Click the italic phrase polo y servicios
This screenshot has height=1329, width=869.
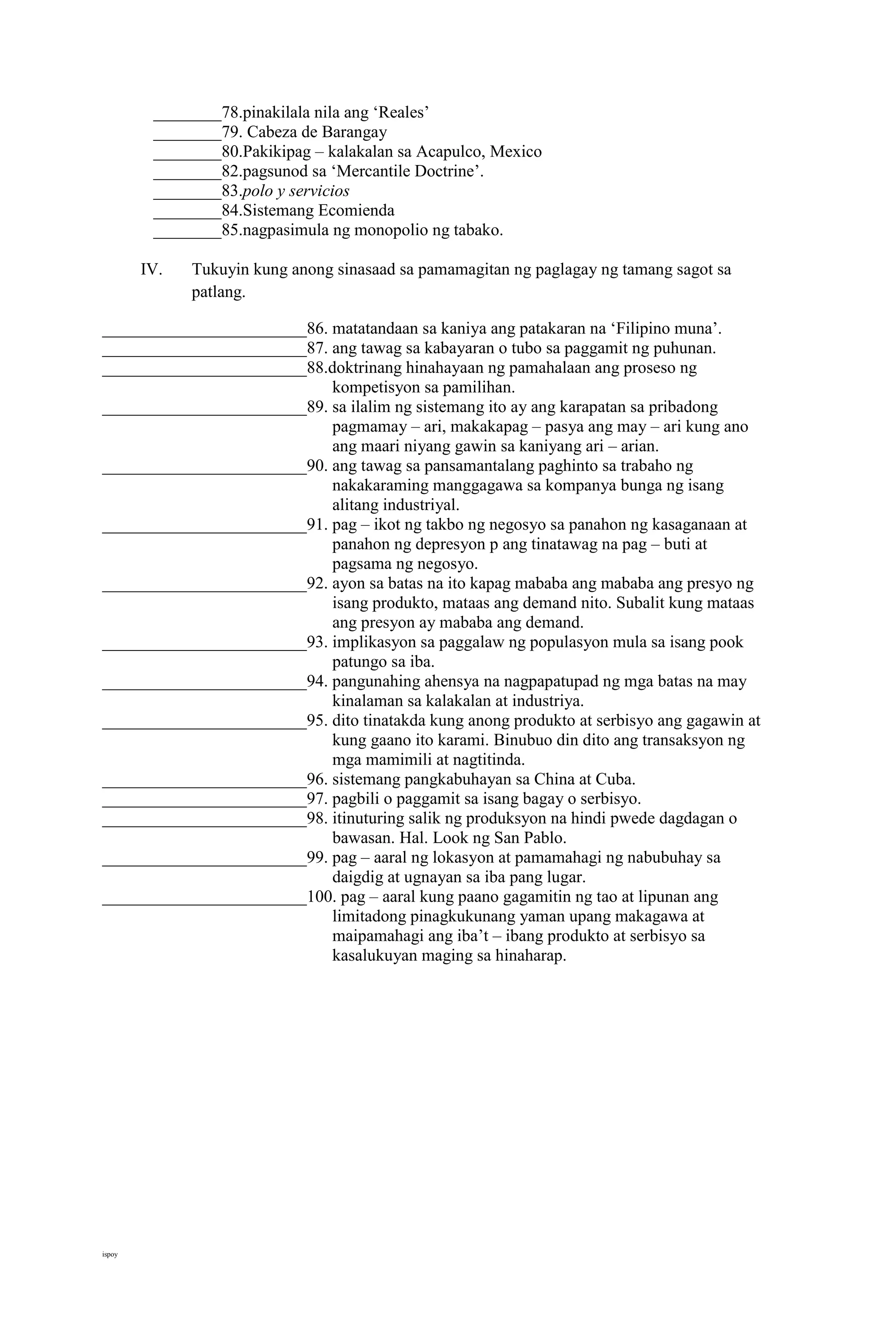(x=295, y=191)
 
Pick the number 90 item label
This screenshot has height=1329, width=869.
(x=316, y=466)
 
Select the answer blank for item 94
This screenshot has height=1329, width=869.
(x=204, y=684)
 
